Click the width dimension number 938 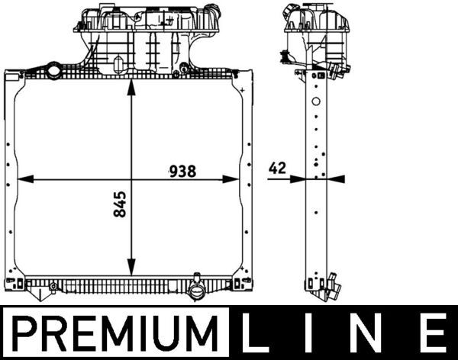point(183,172)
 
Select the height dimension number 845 point(120,204)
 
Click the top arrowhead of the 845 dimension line point(131,85)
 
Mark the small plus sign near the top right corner point(242,90)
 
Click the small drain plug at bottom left point(53,287)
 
